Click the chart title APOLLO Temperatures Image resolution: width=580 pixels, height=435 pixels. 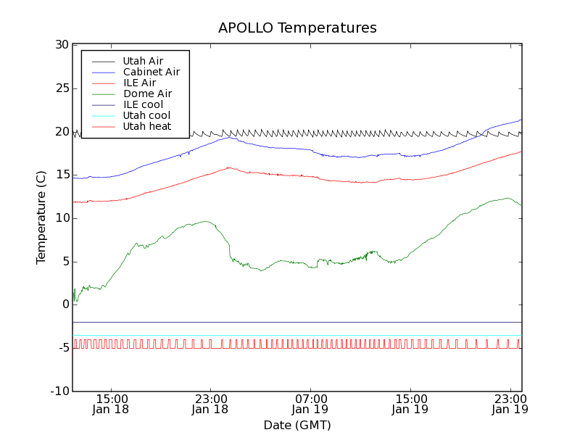(297, 28)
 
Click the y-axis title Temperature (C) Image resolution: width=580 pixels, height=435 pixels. (41, 217)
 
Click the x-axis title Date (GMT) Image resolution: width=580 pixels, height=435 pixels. (297, 425)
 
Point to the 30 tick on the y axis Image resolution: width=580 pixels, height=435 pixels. (61, 45)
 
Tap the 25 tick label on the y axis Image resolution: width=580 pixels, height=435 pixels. (61, 88)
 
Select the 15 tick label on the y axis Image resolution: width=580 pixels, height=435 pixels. (61, 175)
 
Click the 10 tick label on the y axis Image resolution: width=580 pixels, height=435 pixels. (61, 218)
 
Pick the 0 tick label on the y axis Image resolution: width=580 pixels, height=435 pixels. (65, 304)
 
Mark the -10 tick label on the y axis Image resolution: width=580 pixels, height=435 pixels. (59, 391)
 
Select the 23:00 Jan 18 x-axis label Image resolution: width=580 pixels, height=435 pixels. (211, 404)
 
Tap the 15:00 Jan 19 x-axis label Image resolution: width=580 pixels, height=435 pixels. (411, 404)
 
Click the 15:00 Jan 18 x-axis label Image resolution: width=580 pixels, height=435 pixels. (112, 404)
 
